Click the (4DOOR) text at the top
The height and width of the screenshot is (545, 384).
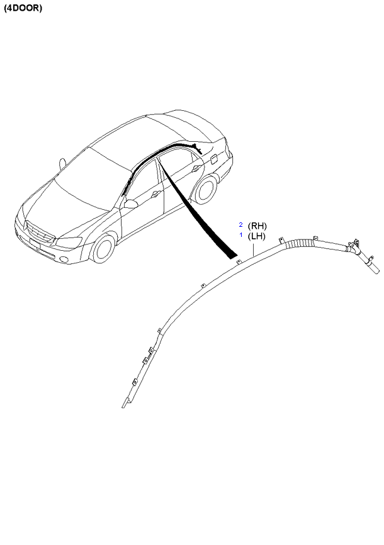[23, 8]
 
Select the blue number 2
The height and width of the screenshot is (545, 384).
[240, 224]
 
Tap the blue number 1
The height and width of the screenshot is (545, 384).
[241, 235]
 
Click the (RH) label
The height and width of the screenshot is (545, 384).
[257, 226]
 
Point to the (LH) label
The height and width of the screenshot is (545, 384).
[257, 236]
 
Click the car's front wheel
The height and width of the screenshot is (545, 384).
[103, 248]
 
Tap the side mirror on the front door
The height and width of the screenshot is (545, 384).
[130, 204]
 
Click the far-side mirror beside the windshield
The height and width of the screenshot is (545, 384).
[62, 163]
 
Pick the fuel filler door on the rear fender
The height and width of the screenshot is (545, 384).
[213, 159]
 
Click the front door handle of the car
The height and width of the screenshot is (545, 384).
[155, 194]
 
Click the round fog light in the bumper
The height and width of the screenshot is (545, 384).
[64, 260]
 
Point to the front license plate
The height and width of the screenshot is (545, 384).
[35, 243]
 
